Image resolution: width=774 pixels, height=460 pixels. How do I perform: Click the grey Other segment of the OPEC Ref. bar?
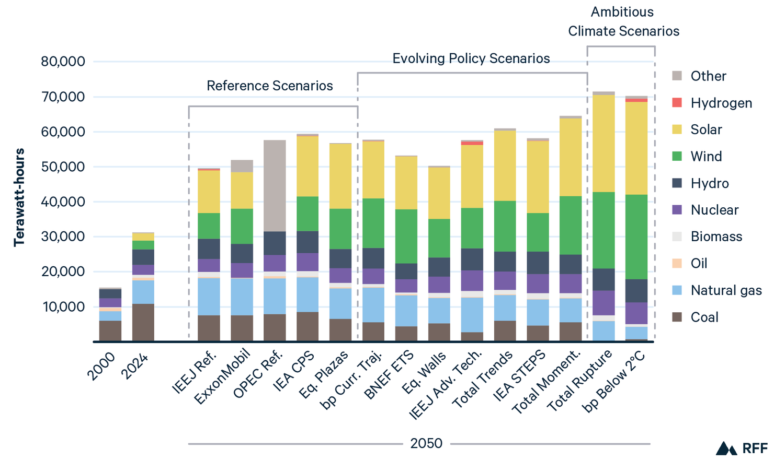coord(275,185)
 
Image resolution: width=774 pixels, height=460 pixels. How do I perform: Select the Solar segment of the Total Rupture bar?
coord(604,144)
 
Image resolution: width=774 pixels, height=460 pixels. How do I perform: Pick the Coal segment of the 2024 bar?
coord(143,322)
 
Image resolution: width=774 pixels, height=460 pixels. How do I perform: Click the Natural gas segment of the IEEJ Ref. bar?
coord(209,297)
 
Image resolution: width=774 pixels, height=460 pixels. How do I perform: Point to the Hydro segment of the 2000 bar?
coord(110,293)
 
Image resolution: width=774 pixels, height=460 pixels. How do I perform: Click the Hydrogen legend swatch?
coord(677,103)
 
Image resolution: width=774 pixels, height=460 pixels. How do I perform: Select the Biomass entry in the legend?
coord(716,237)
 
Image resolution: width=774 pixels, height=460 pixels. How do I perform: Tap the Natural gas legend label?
coord(726,290)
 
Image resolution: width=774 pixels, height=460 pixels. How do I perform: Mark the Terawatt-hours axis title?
coord(19,197)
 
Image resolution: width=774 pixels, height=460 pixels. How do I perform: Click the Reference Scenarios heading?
coord(270,86)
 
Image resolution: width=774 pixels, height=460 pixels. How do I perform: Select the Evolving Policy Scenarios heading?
coord(471,58)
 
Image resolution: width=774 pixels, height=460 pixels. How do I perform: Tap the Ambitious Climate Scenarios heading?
coord(623,21)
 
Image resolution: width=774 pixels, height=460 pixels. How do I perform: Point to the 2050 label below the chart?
coord(426,443)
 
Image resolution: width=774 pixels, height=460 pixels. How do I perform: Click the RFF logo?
coord(742,448)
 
